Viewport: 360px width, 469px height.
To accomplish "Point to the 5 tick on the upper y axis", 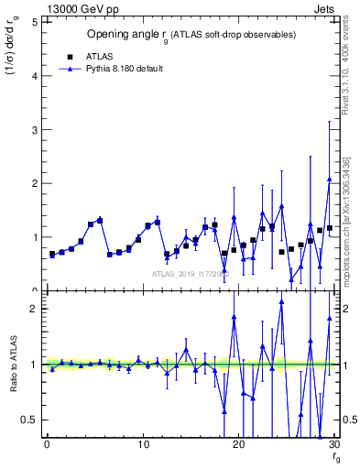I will (x=35, y=23).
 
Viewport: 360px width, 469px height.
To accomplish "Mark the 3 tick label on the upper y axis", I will (x=35, y=130).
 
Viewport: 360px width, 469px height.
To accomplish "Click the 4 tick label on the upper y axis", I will (x=35, y=77).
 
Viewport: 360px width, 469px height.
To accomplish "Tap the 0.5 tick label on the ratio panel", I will (x=30, y=420).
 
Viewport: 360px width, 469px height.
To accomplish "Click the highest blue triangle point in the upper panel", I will (x=329, y=180).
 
